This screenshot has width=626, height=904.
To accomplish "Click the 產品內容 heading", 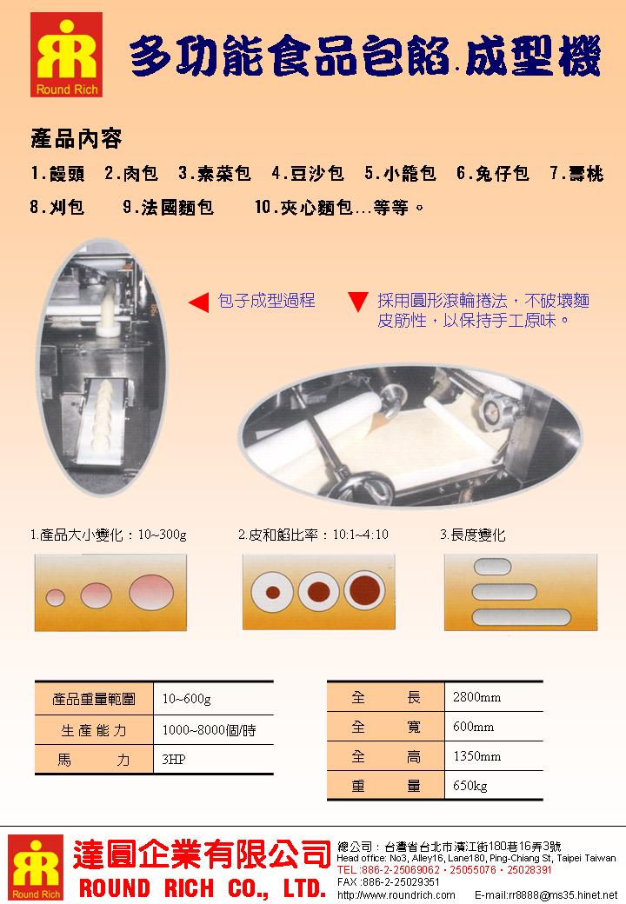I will tap(76, 138).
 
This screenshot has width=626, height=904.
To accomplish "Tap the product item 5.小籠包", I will tap(400, 174).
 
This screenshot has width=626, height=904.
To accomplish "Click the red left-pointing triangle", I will tap(198, 302).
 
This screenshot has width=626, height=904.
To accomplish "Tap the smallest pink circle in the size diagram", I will tap(56, 596).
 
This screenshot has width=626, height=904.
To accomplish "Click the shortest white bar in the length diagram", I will tap(489, 568).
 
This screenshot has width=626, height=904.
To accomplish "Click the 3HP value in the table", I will tap(174, 760).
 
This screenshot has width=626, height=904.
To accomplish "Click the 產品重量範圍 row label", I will tap(94, 699).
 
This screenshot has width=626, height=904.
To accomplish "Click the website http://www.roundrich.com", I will tap(396, 894).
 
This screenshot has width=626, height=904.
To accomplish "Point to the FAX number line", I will tap(387, 881).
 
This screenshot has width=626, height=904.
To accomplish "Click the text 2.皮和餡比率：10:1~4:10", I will tap(313, 535).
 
